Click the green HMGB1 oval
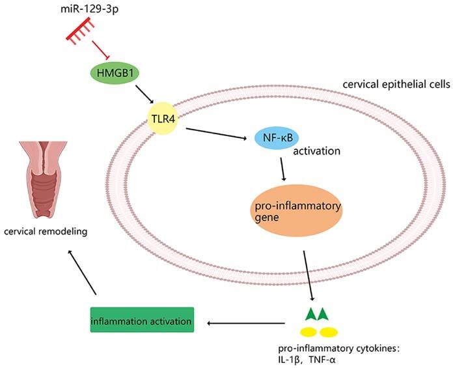[115, 73]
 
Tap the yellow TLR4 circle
[163, 119]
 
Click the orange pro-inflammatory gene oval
[296, 210]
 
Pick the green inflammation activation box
[142, 320]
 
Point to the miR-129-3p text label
[89, 9]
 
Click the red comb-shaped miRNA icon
[80, 31]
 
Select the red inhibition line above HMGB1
[100, 50]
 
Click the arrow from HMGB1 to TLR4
[144, 94]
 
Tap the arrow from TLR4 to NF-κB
[216, 134]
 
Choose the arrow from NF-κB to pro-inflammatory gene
[282, 169]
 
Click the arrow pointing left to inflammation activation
[246, 323]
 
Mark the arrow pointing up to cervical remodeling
[82, 273]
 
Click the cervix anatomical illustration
[44, 180]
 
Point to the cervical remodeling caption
[46, 231]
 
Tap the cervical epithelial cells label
[396, 85]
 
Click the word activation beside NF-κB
[316, 151]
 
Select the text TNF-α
[322, 360]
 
